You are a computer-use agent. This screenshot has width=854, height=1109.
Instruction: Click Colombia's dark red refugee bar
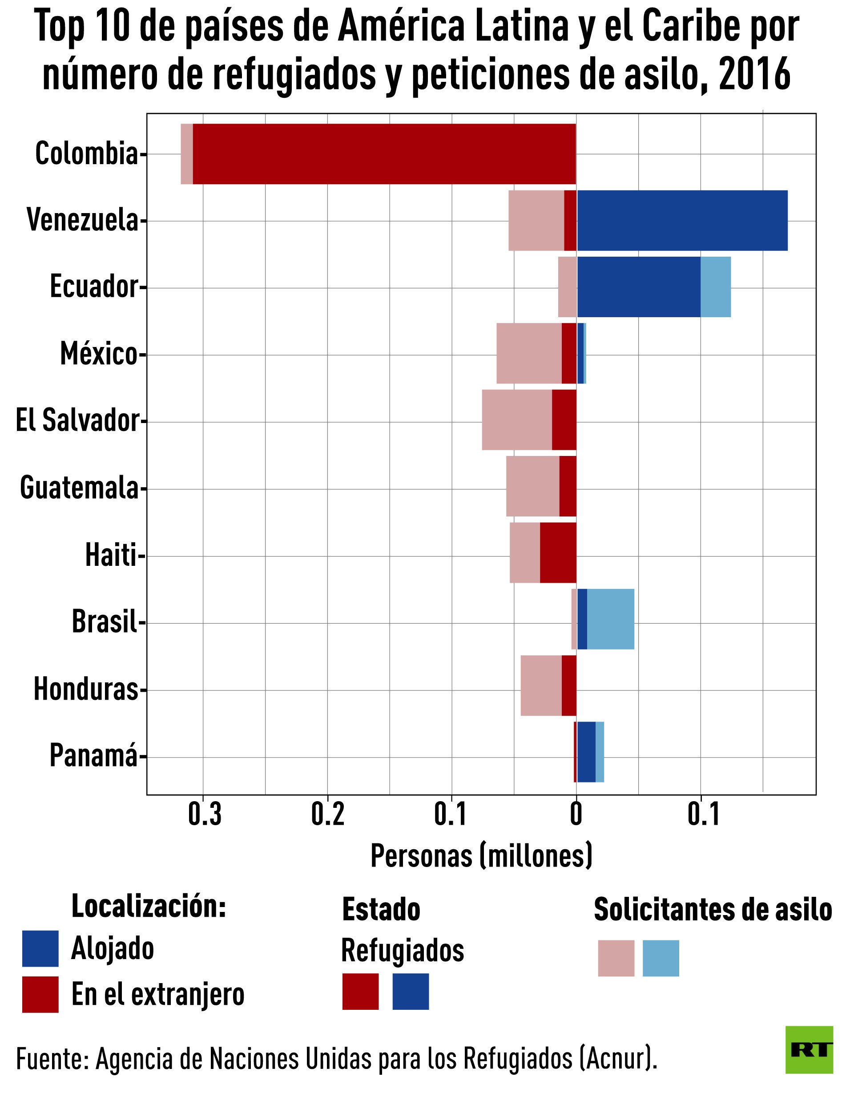[384, 153]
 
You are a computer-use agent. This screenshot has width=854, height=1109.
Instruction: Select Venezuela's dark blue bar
[682, 220]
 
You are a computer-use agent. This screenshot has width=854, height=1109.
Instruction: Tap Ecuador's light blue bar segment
[715, 287]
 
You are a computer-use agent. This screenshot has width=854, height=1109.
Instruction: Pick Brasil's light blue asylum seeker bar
[610, 619]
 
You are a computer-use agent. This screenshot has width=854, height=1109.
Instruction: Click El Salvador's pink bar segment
[516, 419]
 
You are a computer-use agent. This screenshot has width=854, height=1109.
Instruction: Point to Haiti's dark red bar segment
[558, 552]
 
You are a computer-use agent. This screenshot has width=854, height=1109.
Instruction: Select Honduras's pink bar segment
[541, 686]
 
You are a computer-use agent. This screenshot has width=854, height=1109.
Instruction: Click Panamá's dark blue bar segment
[586, 752]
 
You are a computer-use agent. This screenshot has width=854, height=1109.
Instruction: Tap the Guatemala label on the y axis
[79, 488]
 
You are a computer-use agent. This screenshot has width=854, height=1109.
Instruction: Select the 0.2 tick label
[327, 814]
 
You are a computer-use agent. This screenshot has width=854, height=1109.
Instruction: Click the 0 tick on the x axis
[576, 814]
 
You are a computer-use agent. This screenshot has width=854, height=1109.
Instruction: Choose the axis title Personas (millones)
[481, 857]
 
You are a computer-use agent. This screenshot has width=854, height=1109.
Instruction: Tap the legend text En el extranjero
[158, 994]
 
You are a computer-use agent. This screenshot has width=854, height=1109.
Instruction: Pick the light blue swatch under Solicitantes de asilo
[661, 958]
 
